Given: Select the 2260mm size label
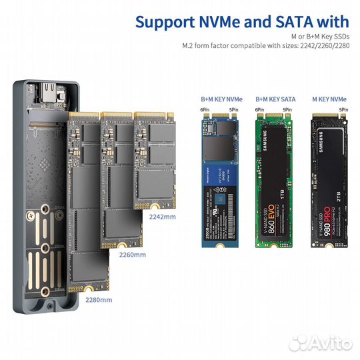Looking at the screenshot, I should click(x=131, y=255).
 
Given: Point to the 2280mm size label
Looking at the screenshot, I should click(x=99, y=299).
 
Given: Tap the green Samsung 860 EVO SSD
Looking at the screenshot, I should click(x=275, y=180).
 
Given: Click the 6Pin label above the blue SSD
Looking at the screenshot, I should click(x=205, y=109).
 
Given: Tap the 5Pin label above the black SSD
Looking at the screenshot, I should click(x=343, y=109).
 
